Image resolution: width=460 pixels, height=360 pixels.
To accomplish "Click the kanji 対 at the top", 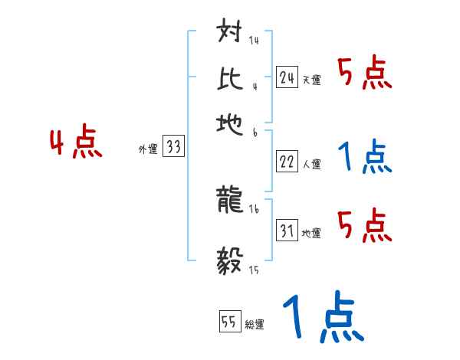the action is click(231, 34).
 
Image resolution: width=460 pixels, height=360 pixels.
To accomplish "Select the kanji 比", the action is click(231, 77).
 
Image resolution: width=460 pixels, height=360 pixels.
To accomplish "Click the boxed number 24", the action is click(287, 77).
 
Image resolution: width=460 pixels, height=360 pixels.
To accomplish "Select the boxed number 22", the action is click(287, 162).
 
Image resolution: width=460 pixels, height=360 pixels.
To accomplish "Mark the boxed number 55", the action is click(228, 322).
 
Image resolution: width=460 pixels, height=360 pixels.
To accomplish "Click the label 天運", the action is click(311, 80).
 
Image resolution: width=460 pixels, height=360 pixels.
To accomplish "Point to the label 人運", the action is click(311, 164).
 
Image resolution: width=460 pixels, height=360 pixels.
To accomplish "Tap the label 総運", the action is click(254, 325).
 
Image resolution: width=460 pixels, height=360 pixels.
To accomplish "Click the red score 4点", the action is click(74, 144).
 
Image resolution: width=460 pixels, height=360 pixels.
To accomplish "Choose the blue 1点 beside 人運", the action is click(364, 157).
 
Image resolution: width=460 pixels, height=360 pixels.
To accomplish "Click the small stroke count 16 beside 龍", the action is click(254, 208).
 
